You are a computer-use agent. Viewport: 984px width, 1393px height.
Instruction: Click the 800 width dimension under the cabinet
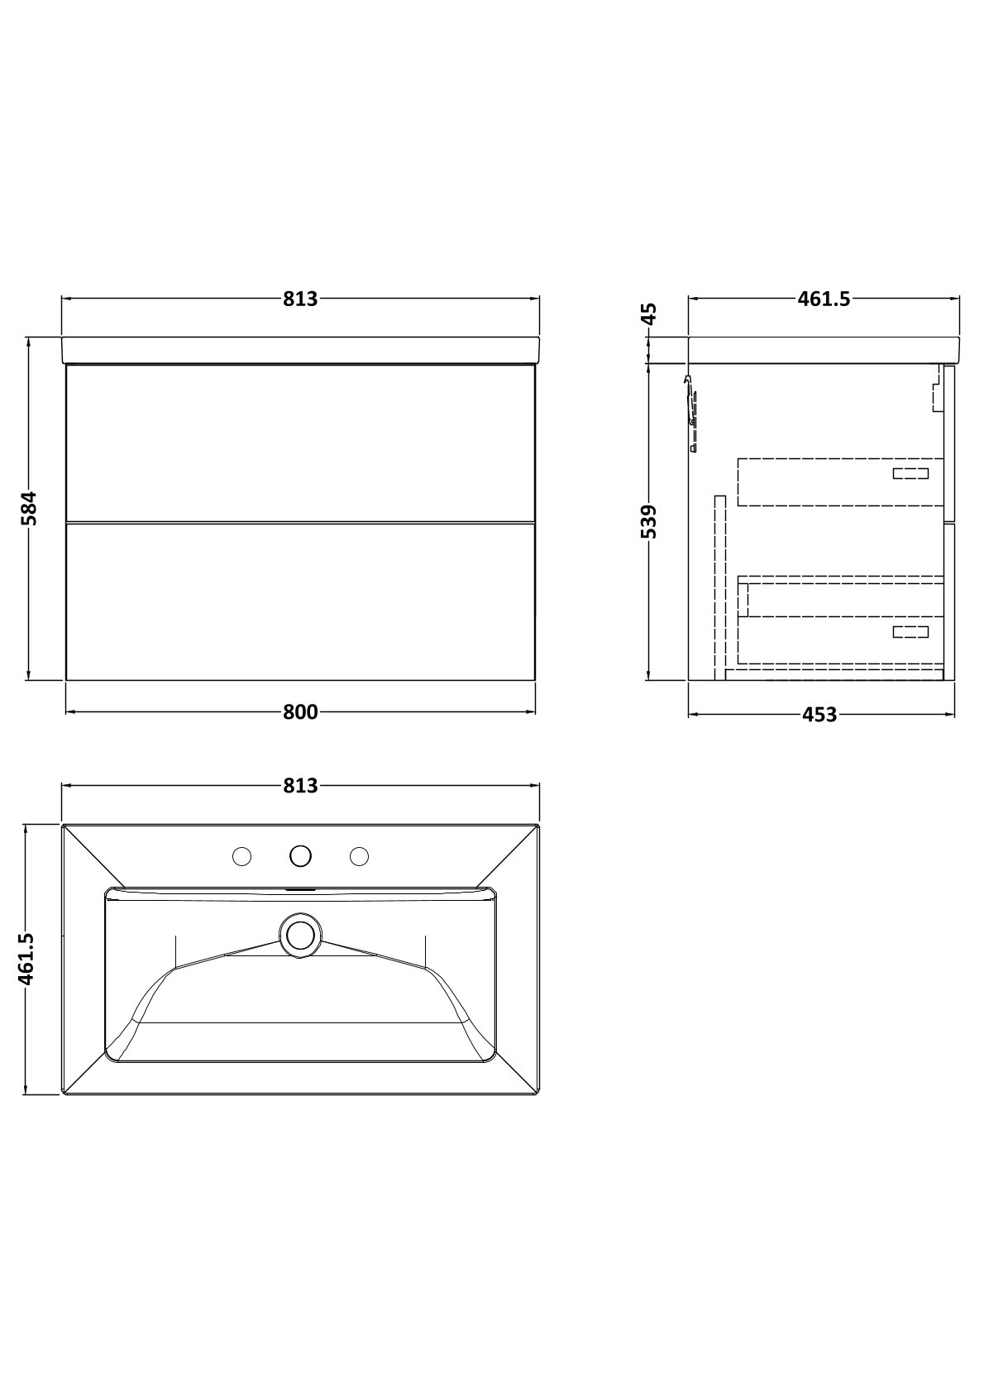click(300, 712)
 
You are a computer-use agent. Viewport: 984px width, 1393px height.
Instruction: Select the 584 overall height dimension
click(29, 508)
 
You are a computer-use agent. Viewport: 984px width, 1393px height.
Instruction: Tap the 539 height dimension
click(647, 521)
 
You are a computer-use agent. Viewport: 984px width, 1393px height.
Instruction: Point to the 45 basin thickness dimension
click(647, 314)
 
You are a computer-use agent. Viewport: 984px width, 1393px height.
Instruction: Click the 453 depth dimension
click(819, 716)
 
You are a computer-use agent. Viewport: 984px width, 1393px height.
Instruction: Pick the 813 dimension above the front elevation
click(300, 299)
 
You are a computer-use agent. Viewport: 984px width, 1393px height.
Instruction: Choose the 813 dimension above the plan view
click(300, 786)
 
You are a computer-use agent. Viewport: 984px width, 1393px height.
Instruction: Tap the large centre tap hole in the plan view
click(300, 856)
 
